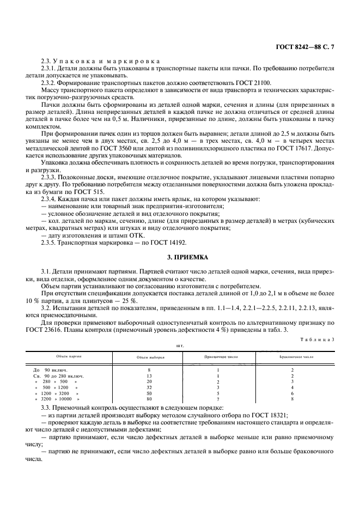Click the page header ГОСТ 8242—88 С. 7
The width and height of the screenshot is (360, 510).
pyautogui.click(x=306, y=47)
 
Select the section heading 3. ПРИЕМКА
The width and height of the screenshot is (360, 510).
pyautogui.click(x=180, y=256)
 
